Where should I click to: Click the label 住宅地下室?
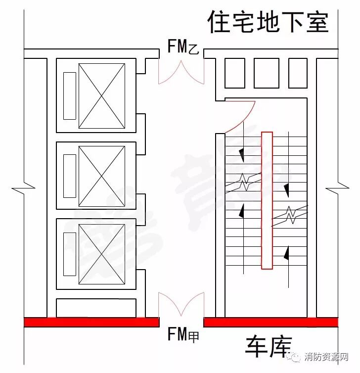[x=268, y=23]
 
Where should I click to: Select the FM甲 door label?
[x=182, y=336]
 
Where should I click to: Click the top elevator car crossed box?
[x=101, y=96]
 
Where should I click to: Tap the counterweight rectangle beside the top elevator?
[x=70, y=95]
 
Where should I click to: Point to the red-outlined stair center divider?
[x=267, y=200]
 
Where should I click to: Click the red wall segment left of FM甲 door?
[x=92, y=323]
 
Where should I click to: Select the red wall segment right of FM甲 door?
[x=270, y=323]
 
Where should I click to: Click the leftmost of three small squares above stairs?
[x=235, y=73]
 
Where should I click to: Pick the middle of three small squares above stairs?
[x=267, y=73]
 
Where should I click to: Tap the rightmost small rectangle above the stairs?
[x=298, y=73]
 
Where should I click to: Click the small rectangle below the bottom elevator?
[x=96, y=308]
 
